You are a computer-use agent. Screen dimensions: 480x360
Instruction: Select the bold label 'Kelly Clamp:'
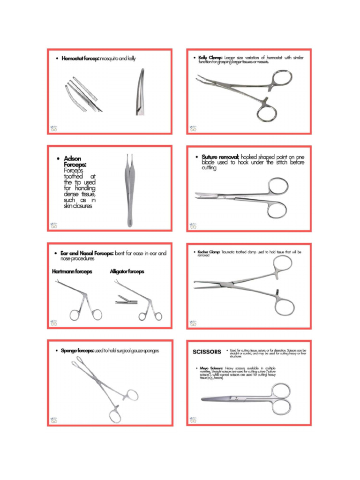(209, 58)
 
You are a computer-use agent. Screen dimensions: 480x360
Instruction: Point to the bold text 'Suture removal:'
(220, 157)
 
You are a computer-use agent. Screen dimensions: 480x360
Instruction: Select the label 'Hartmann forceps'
(72, 271)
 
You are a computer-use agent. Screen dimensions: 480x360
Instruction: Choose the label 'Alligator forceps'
(127, 271)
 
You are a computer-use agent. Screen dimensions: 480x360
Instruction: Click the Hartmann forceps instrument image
(77, 300)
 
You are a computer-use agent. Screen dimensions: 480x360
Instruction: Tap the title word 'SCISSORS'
(207, 352)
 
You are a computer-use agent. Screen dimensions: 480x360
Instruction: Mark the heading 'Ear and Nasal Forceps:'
(87, 254)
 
